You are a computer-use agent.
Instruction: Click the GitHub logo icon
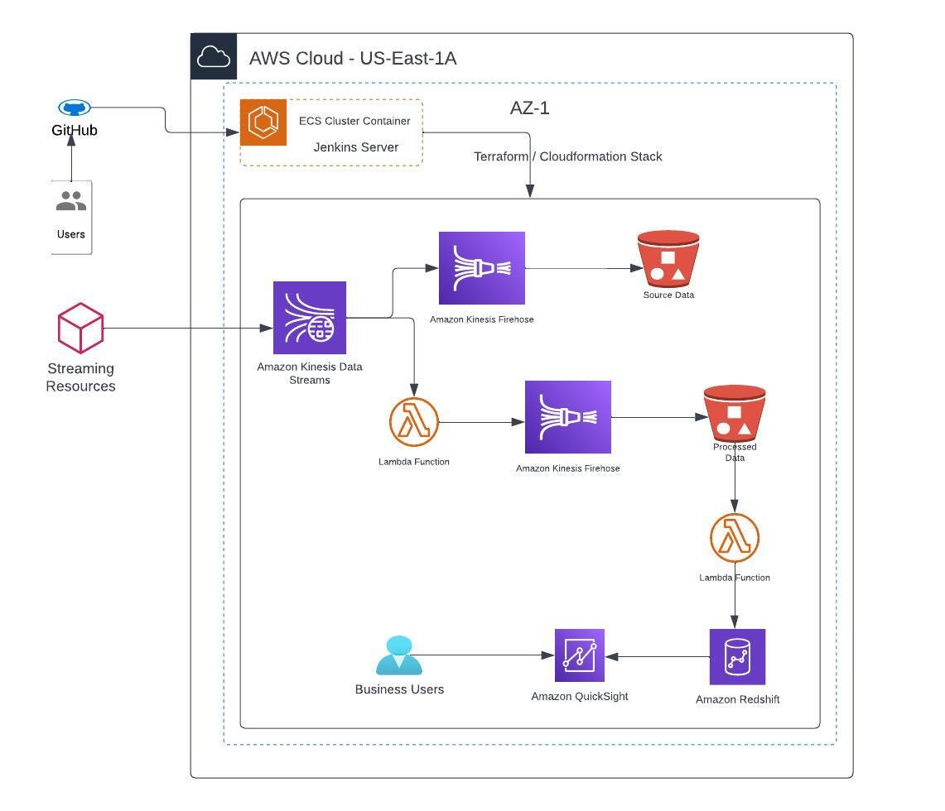point(75,108)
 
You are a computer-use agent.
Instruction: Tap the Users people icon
point(71,201)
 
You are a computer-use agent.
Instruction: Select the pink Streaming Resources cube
point(80,328)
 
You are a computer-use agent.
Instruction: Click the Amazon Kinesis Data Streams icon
point(310,318)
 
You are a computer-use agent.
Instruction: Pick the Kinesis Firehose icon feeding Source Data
point(482,268)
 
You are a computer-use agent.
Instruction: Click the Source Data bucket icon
point(668,259)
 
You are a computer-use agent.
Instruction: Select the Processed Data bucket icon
point(735,413)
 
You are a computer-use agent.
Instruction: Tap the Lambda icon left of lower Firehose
point(414,422)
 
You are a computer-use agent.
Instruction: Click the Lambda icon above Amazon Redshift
point(735,538)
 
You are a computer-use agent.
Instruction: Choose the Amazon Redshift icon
point(737,657)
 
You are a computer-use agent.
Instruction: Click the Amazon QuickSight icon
point(580,655)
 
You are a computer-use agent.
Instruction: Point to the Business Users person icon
point(399,656)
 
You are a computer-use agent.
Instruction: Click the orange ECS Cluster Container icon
point(263,122)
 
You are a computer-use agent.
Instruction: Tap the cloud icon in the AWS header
point(214,57)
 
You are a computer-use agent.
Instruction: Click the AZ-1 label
point(530,108)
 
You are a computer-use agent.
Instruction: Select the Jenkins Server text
point(355,147)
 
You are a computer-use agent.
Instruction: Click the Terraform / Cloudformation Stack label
point(567,156)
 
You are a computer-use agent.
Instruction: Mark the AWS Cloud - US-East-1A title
point(353,58)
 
